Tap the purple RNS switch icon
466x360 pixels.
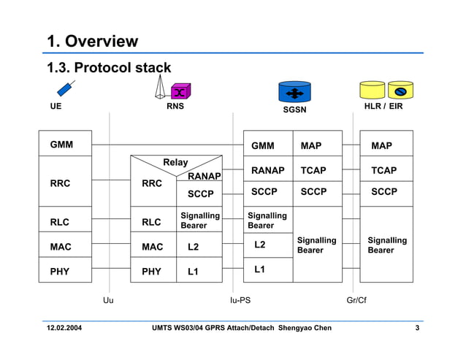click(180, 91)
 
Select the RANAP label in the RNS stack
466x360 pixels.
click(205, 176)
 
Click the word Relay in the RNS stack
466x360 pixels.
click(175, 162)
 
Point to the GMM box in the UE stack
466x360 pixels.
click(65, 145)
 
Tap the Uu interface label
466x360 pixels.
click(108, 300)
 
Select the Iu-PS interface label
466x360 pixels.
click(240, 300)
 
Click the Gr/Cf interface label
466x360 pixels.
click(356, 300)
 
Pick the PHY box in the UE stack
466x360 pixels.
click(65, 271)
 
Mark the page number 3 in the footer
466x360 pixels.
click(417, 328)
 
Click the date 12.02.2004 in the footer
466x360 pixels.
click(64, 328)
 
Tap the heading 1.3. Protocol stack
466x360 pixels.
click(109, 68)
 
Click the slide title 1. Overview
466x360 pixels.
click(93, 42)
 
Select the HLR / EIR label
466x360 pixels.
click(383, 107)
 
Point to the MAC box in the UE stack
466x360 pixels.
click(65, 247)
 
